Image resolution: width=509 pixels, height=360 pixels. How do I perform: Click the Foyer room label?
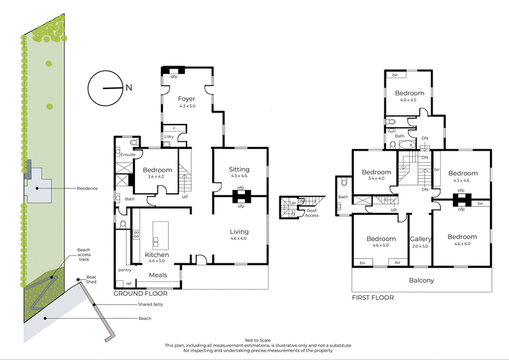pos(186,99)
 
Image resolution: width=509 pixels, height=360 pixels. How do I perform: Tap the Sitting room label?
pos(239,169)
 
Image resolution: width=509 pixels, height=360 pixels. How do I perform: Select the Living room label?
pos(239,232)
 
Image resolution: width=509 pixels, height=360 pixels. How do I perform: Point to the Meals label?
pos(158,275)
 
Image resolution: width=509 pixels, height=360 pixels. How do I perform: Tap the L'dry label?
pos(169,137)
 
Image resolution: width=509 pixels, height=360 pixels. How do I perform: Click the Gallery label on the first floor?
pos(421,239)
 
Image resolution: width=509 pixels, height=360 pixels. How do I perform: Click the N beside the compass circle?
pos(129,88)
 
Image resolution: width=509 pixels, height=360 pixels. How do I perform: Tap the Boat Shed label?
pos(91,280)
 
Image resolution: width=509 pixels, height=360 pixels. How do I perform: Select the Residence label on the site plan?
pos(87,188)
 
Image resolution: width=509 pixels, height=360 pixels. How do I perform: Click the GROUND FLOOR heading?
pos(141,294)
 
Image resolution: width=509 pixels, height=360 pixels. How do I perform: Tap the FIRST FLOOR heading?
pos(373,297)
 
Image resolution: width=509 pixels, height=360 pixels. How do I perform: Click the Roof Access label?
pos(312,213)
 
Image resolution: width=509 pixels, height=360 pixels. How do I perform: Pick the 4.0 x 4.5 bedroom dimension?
pos(408,99)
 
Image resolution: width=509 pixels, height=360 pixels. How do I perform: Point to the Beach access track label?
pos(84,254)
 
